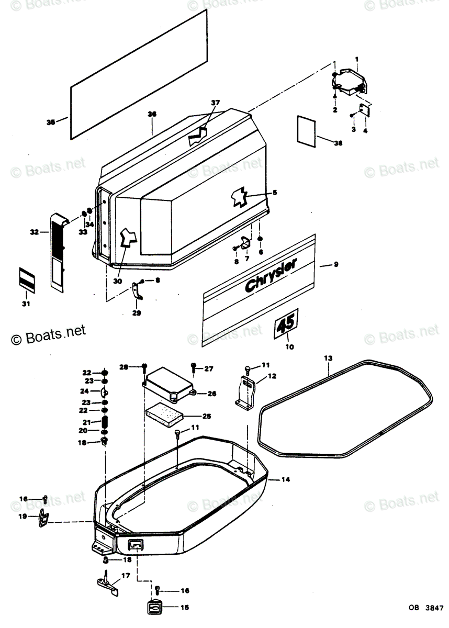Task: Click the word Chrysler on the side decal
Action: (x=270, y=275)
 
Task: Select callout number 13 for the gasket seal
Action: (x=328, y=358)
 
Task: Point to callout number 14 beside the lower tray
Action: (x=285, y=479)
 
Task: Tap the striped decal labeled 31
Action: (x=26, y=277)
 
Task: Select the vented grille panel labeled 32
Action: (x=58, y=250)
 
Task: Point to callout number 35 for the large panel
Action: (x=50, y=122)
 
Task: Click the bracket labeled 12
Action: (x=246, y=391)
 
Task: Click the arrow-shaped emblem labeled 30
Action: (x=127, y=238)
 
